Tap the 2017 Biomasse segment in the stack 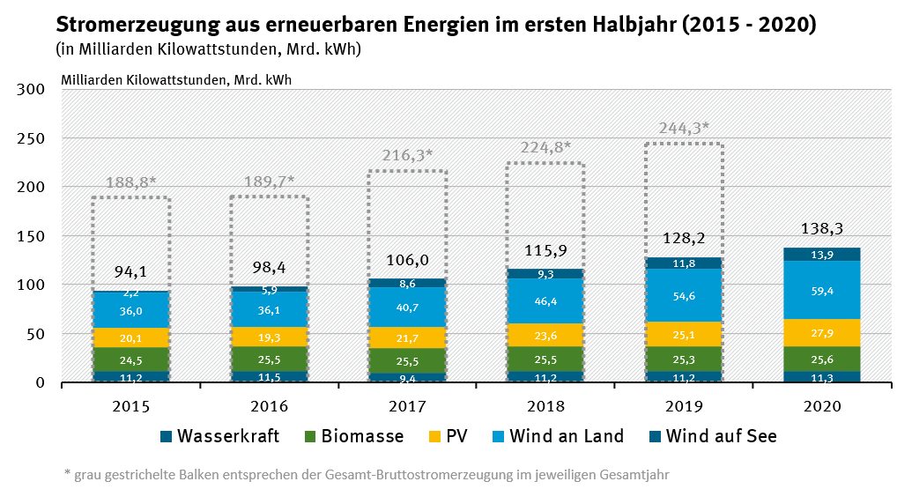point(407,360)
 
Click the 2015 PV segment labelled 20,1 point(130,337)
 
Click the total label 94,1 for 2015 point(130,271)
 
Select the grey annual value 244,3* point(684,127)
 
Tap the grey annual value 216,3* point(407,155)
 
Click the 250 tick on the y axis point(32,138)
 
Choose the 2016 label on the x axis point(269,407)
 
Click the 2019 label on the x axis point(684,407)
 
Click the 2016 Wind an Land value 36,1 point(269,310)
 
